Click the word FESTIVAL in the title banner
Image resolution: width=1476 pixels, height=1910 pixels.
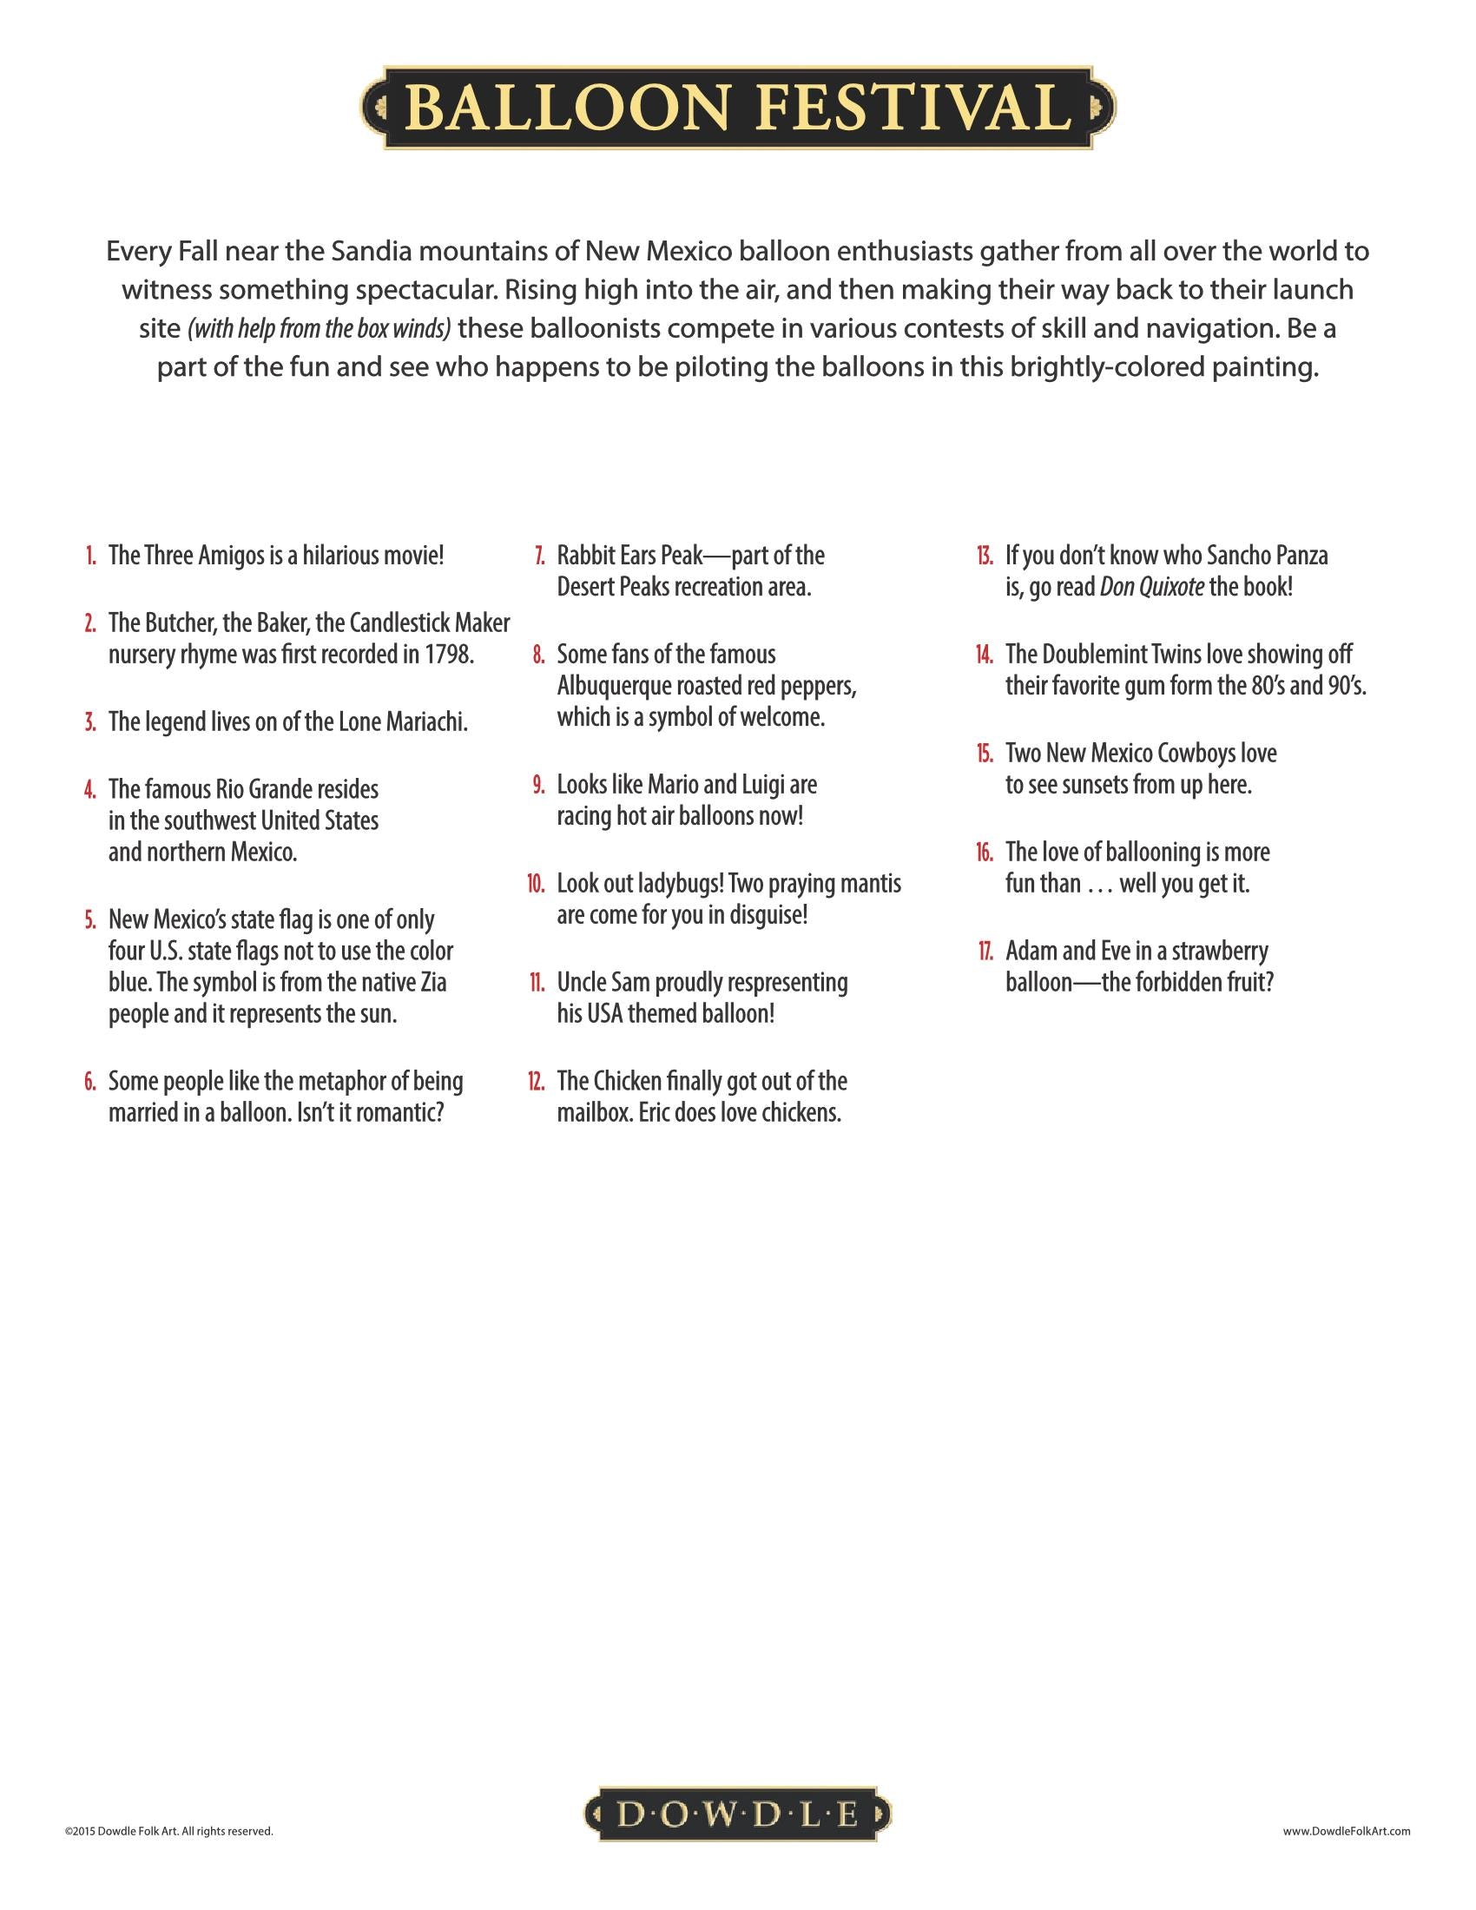tap(913, 108)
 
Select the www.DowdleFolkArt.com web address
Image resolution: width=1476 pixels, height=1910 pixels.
tap(1347, 1830)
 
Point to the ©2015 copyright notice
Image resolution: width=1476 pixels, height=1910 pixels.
tap(168, 1830)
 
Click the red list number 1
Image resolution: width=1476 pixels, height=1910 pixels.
tap(91, 557)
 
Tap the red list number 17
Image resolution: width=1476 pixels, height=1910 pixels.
tap(985, 952)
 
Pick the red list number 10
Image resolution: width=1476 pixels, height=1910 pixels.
tap(536, 884)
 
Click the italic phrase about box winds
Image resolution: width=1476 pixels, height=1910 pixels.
tap(320, 329)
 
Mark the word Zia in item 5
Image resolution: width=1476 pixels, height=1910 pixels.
tap(433, 983)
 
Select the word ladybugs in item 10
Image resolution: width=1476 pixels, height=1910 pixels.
tap(679, 884)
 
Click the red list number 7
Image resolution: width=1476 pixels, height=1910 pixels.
tap(540, 557)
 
